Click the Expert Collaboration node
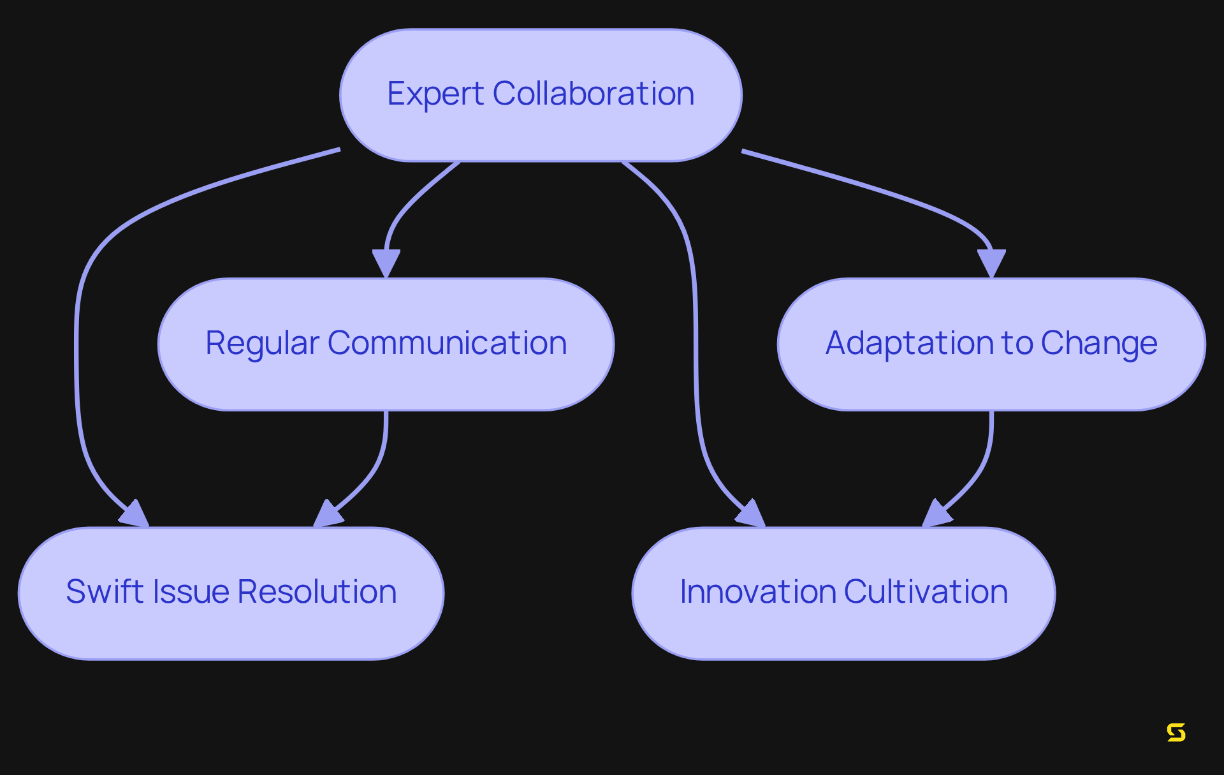[541, 95]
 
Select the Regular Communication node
[386, 344]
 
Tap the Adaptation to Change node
[991, 344]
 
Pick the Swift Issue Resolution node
[231, 593]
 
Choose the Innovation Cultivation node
[843, 593]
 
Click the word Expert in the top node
[435, 94]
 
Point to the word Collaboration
[594, 94]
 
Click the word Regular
[261, 344]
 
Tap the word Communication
[447, 343]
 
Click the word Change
[1099, 344]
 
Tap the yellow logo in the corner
[1176, 732]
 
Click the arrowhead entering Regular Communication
[386, 262]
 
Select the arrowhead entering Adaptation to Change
[991, 262]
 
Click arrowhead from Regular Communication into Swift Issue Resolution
[328, 514]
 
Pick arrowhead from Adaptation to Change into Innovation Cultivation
[937, 514]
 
